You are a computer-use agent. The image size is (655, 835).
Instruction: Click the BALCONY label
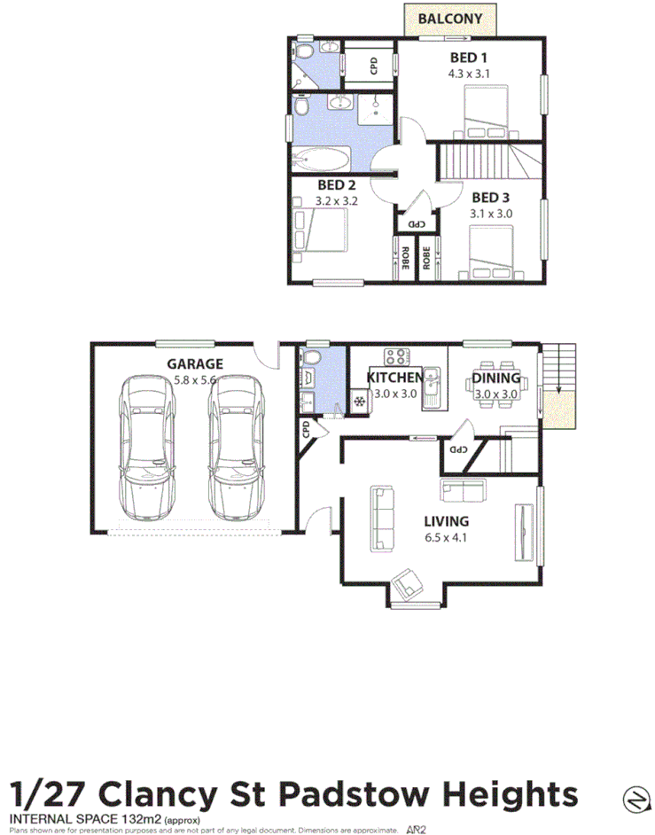coord(449,19)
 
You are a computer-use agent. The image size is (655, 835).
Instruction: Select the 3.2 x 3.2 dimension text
coord(335,201)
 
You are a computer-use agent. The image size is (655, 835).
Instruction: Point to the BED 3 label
coord(492,198)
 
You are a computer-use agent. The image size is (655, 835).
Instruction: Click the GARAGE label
coord(195,363)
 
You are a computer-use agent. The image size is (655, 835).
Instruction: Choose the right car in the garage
coord(236,448)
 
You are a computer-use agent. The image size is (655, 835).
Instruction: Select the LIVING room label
coord(448,521)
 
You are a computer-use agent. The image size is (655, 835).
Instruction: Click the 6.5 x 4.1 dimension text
coord(448,537)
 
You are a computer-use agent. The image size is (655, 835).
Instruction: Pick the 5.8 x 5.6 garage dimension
coord(195,379)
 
